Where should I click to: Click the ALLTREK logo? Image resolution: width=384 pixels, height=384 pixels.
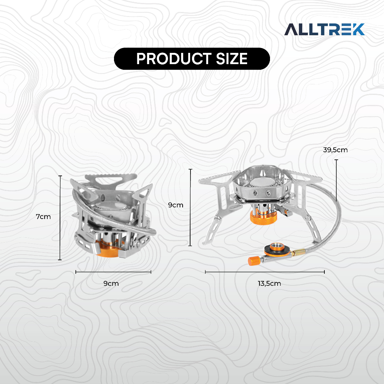tap(324, 29)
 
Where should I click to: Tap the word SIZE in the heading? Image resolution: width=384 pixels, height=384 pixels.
tap(232, 59)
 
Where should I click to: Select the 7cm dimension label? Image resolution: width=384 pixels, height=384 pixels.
tap(43, 217)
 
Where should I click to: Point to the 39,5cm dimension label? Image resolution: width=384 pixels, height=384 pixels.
tap(335, 150)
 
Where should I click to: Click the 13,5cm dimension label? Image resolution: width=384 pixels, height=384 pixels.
tap(269, 283)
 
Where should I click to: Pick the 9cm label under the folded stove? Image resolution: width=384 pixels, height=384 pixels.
tap(111, 283)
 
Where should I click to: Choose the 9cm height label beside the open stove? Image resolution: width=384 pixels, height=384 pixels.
tap(175, 205)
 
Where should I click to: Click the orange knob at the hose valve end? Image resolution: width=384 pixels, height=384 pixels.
tap(253, 261)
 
